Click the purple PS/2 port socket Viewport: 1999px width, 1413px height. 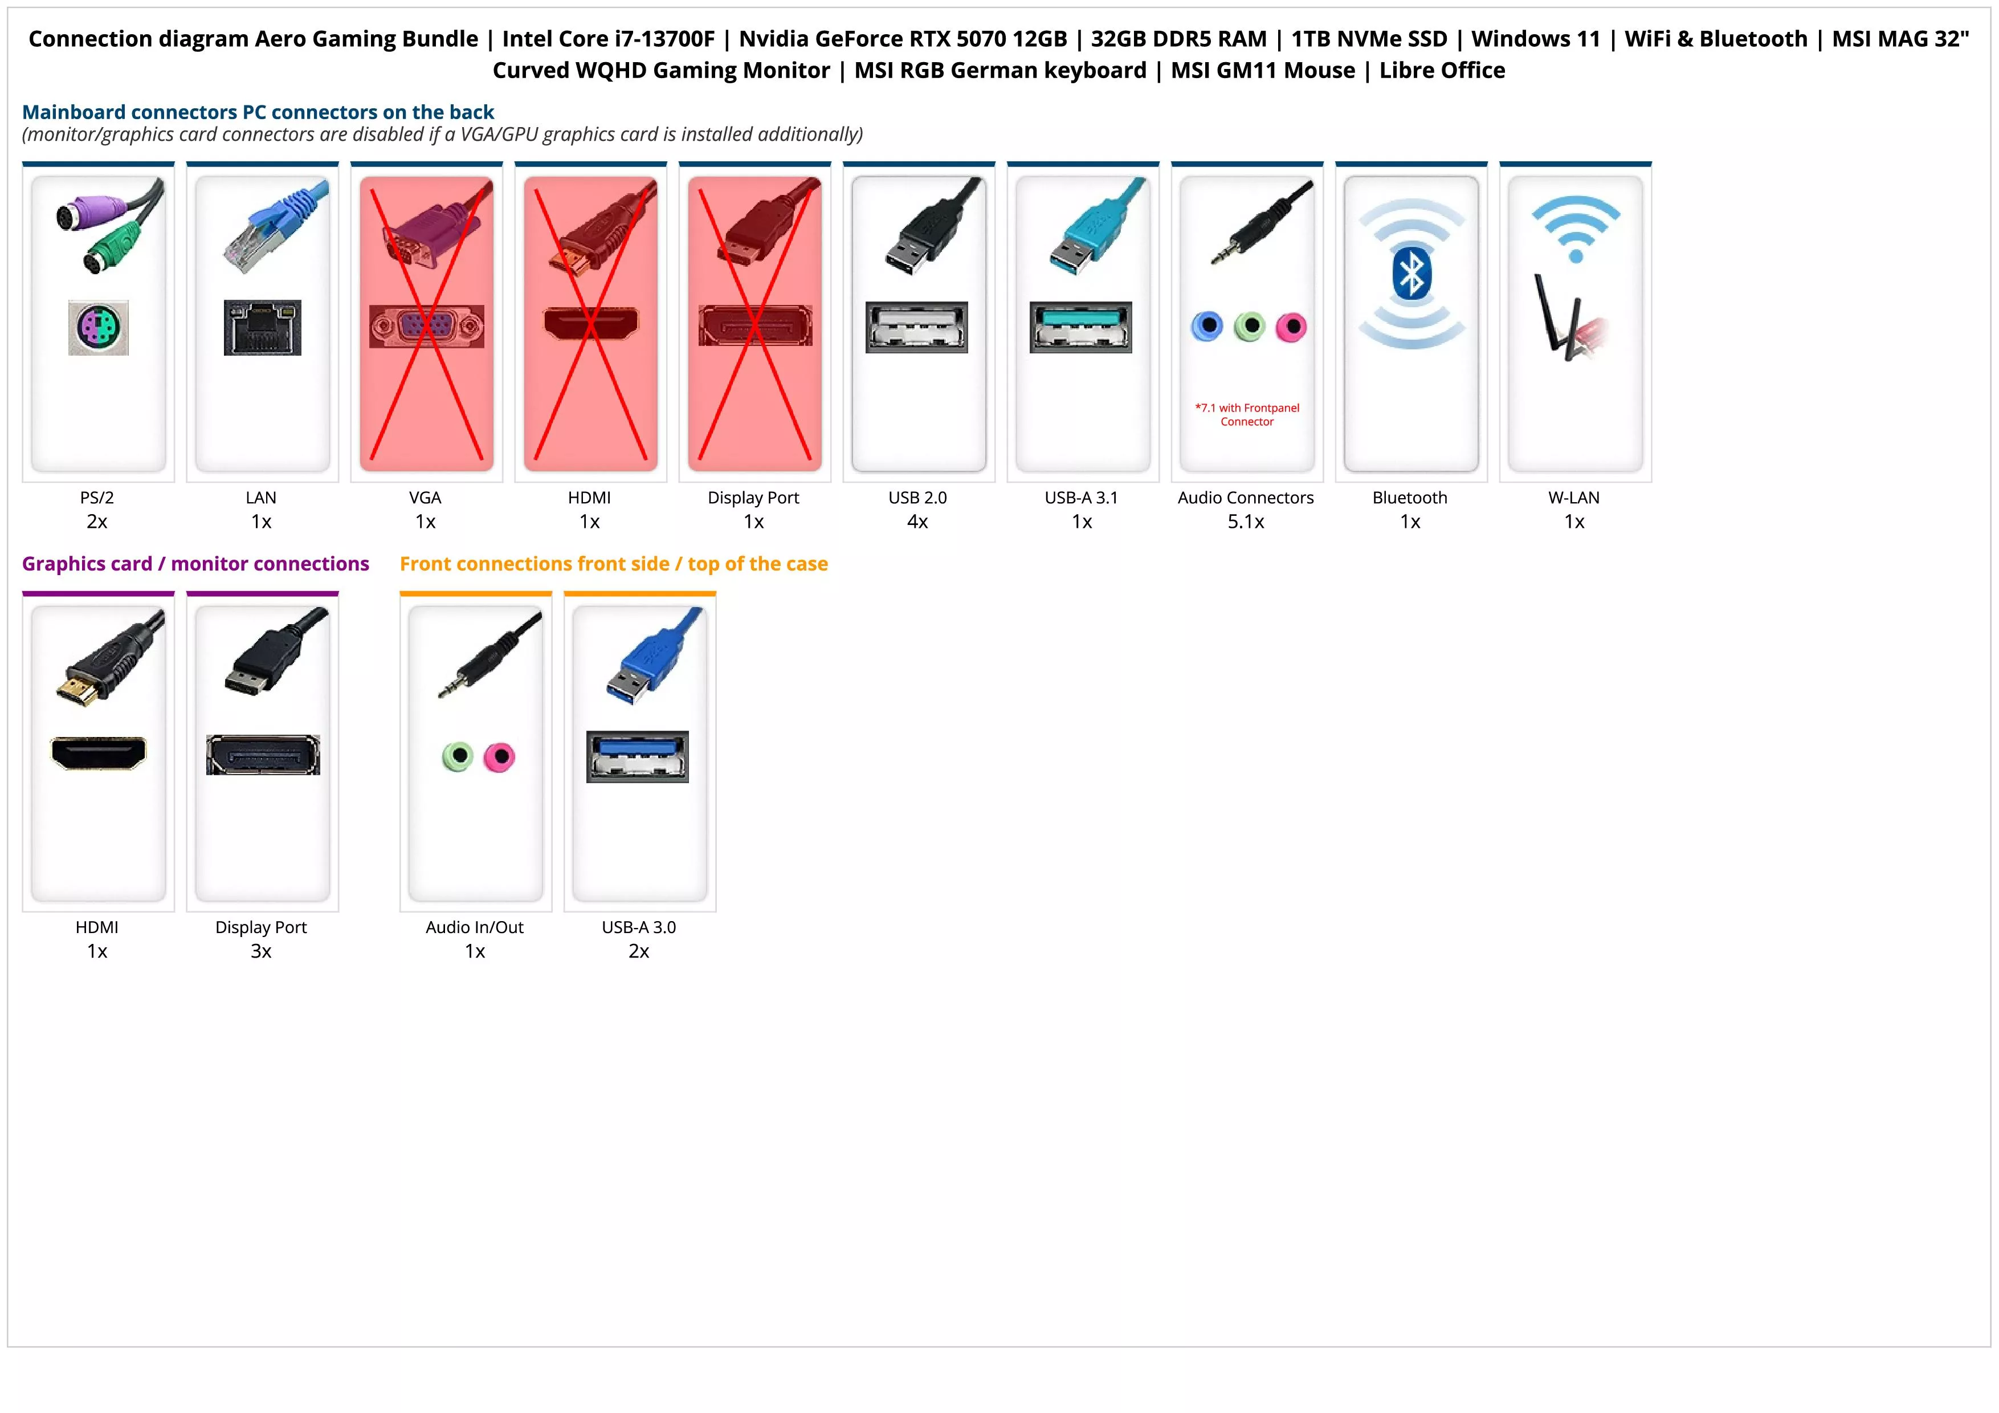click(99, 327)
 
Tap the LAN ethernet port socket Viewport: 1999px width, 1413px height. click(262, 327)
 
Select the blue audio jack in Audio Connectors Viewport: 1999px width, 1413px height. click(1207, 327)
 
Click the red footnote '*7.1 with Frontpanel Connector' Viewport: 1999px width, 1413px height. click(1247, 414)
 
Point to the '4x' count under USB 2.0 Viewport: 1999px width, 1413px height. click(917, 522)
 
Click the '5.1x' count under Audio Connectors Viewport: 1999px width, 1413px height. click(1246, 522)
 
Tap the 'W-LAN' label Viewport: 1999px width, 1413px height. click(1573, 497)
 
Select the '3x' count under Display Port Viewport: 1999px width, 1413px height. click(261, 951)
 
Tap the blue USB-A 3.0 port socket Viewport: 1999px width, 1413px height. click(637, 756)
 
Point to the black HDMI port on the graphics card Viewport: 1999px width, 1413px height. click(99, 753)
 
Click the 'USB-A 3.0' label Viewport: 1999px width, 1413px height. click(639, 927)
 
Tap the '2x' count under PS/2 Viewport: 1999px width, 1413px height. click(97, 522)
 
